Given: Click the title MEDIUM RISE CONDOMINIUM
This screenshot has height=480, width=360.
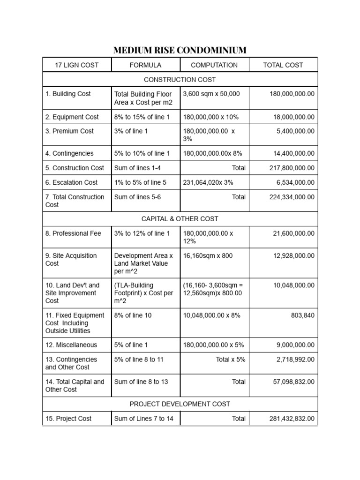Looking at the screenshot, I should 180,50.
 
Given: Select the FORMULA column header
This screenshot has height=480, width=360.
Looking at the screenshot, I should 145,65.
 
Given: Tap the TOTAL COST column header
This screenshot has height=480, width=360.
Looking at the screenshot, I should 283,65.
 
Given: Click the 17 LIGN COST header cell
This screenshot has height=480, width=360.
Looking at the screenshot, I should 77,65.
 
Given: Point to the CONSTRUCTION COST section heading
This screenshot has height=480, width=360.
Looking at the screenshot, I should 180,80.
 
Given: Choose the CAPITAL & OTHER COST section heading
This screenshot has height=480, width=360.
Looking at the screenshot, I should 180,219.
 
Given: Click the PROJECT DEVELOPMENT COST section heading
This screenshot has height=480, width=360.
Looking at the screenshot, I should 180,404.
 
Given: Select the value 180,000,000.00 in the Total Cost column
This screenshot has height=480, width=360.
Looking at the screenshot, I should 292,94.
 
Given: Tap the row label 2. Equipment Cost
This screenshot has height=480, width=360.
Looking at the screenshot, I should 72,117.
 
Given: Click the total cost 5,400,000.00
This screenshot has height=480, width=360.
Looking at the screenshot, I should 295,131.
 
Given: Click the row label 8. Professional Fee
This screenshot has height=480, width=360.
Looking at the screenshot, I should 73,233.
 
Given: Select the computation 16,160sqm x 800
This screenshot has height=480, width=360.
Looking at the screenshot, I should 208,256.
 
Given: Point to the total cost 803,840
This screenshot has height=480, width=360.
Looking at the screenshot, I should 303,315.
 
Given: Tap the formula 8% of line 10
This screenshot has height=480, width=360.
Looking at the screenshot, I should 133,315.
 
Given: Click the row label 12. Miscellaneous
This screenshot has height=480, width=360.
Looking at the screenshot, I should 71,345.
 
